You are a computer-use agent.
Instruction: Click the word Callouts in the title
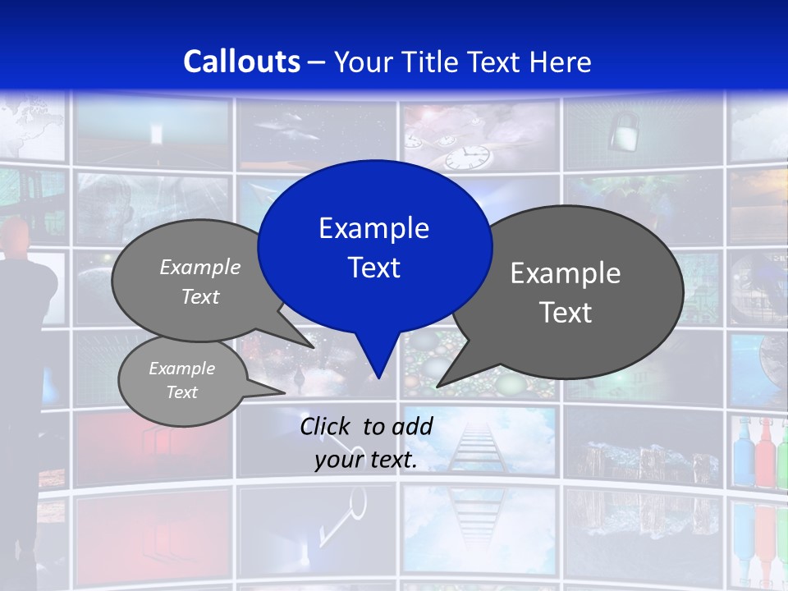(x=241, y=62)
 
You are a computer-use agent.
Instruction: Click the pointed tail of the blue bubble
(x=378, y=373)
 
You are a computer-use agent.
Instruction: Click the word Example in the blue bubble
(x=373, y=228)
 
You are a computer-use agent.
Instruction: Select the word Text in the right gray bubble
(x=566, y=313)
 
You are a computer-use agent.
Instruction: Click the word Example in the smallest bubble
(x=181, y=369)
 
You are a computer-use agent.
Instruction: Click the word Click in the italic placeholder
(x=326, y=426)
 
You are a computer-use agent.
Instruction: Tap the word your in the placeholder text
(x=338, y=460)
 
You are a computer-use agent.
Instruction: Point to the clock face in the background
(x=473, y=155)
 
